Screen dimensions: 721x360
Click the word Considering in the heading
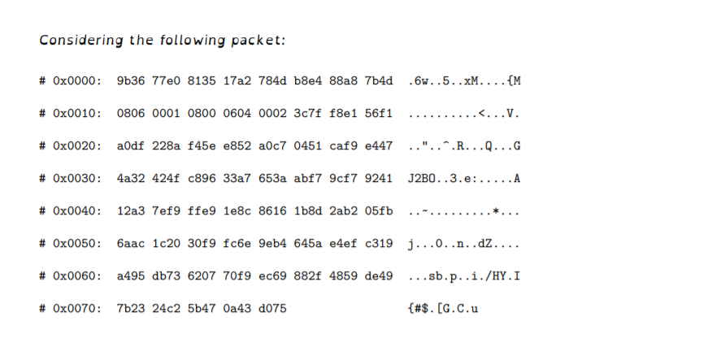pos(70,39)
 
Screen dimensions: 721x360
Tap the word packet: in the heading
pos(260,39)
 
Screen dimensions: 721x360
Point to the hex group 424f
pos(167,178)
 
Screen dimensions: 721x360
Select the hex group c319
pos(379,243)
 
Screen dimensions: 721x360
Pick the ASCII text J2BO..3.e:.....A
pos(464,178)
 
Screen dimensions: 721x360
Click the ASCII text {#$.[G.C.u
pos(443,308)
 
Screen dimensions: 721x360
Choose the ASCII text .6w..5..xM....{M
pos(464,80)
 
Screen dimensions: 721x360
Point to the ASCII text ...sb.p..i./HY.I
pos(464,275)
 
